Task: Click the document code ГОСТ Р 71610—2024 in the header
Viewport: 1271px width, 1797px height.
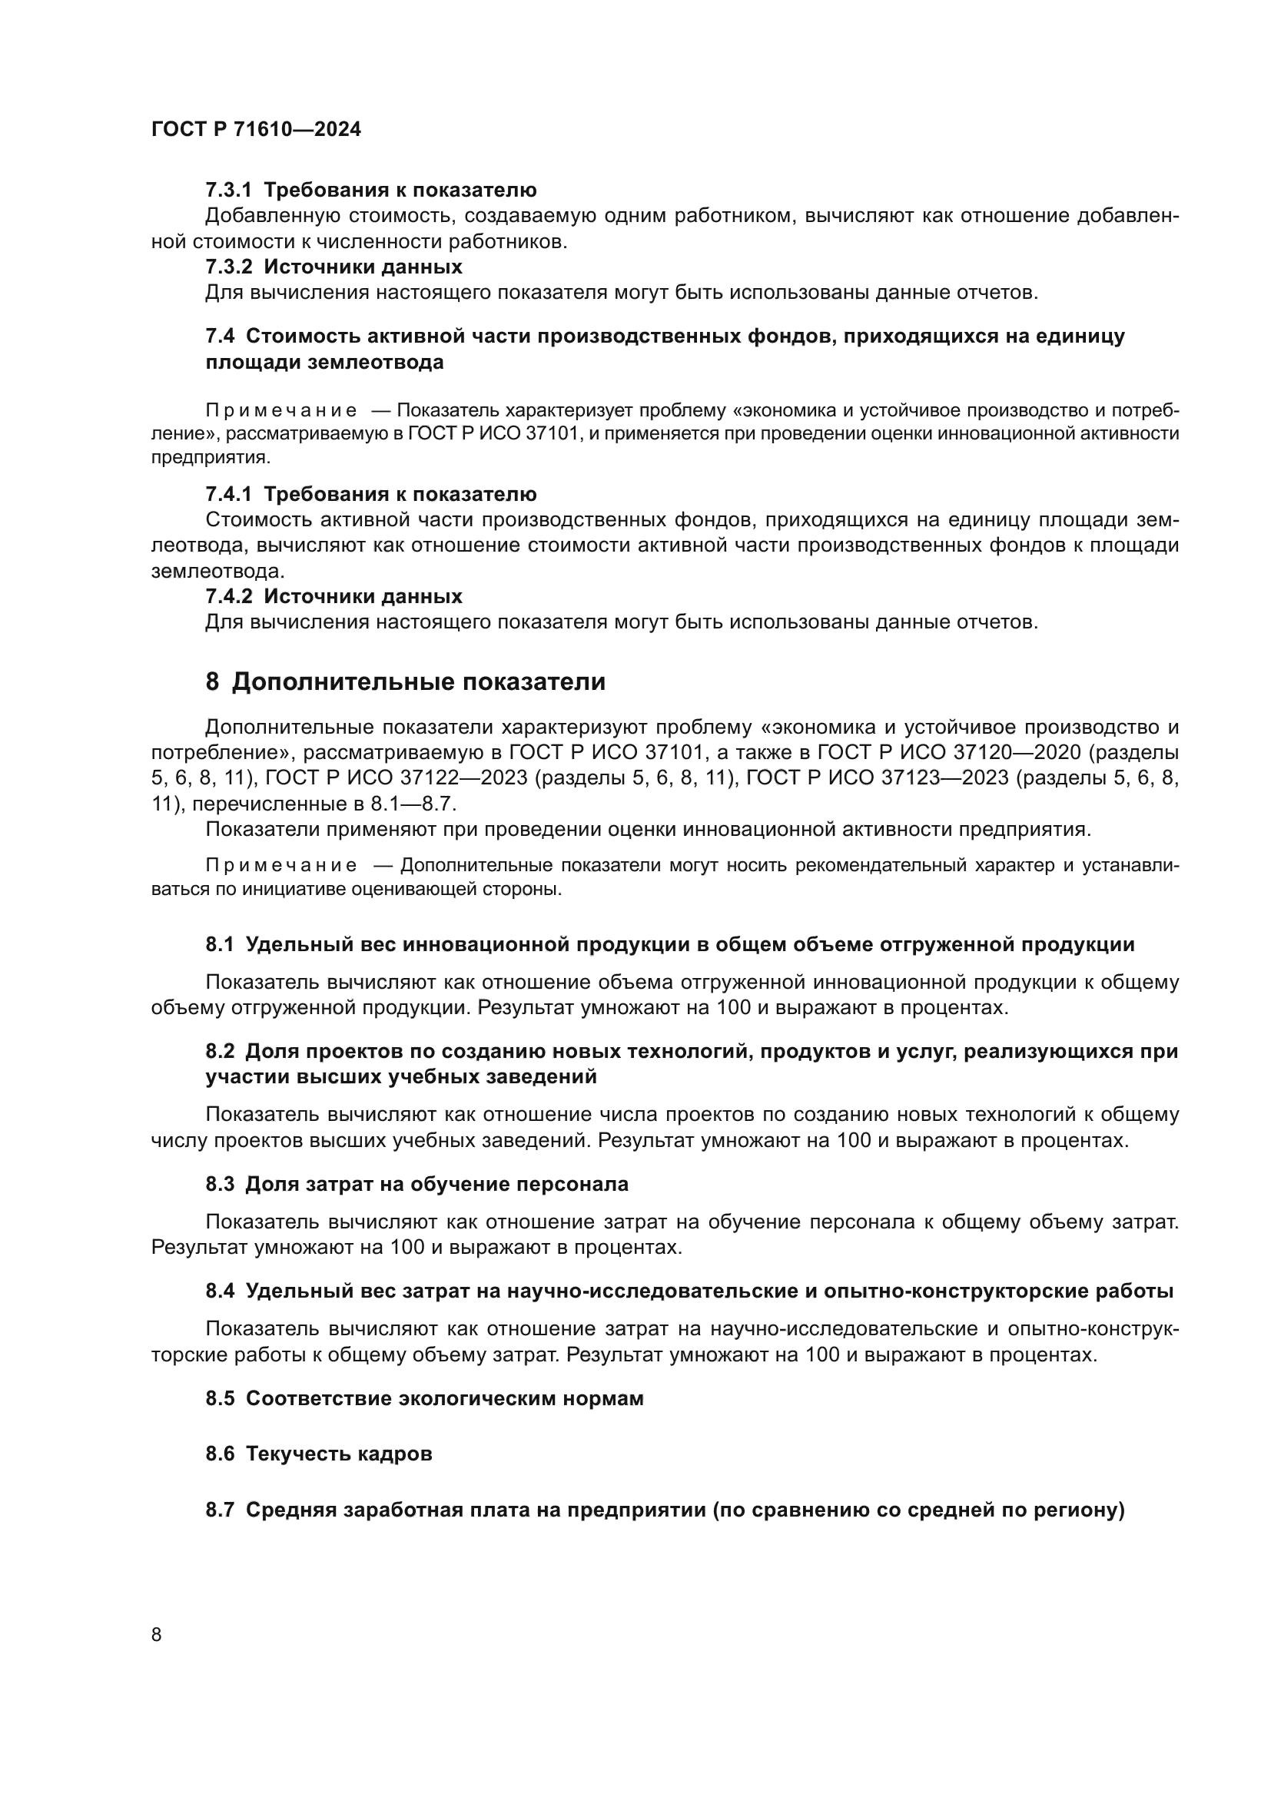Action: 256,130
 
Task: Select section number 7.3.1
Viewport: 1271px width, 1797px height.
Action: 228,191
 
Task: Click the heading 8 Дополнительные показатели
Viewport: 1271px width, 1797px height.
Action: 405,681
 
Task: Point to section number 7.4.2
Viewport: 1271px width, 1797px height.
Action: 228,596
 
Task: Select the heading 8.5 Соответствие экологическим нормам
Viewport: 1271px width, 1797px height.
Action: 424,1397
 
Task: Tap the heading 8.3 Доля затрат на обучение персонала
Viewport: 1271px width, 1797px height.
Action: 416,1184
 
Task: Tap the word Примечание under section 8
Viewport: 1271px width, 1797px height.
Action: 281,866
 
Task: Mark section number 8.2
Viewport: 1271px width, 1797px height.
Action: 220,1052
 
